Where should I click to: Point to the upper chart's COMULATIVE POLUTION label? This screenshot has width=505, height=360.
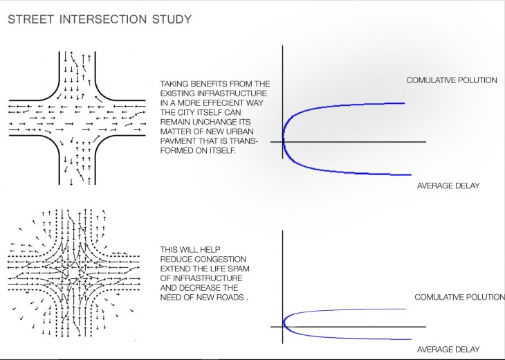[x=451, y=80]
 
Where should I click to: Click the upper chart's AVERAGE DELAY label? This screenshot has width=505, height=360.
[x=448, y=186]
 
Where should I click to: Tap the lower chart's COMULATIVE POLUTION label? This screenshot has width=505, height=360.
[x=459, y=297]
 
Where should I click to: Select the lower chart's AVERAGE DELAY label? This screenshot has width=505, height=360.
[x=449, y=349]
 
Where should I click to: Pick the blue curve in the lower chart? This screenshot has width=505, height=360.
[x=346, y=310]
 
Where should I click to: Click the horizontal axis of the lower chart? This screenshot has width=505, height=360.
[x=360, y=325]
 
